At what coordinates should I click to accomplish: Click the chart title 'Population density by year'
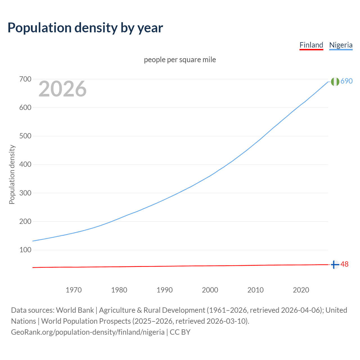coord(85,28)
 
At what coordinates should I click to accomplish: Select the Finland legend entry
coord(311,45)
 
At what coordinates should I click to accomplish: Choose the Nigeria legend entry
coord(341,45)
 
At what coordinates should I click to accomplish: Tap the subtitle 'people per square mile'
coord(180,60)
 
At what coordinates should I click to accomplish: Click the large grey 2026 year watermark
coord(62,89)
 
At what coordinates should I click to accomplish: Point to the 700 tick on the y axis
coord(25,79)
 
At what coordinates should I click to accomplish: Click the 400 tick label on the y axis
coord(25,165)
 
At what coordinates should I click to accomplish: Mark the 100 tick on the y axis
coord(25,250)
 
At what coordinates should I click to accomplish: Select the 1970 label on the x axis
coord(74,290)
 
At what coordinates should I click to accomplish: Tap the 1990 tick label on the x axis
coord(165,290)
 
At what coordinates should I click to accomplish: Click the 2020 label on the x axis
coord(301,290)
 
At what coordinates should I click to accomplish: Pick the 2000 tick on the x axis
coord(210,290)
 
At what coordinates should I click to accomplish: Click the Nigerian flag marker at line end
coord(335,82)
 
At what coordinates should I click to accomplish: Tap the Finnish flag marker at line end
coord(335,265)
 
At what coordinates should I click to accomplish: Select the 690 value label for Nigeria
coord(346,81)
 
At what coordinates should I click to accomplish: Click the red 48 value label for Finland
coord(345,264)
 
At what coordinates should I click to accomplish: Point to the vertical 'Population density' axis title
coord(12,174)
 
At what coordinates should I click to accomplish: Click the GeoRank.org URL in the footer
coord(88,332)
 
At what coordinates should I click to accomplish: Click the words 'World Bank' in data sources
coord(75,310)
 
